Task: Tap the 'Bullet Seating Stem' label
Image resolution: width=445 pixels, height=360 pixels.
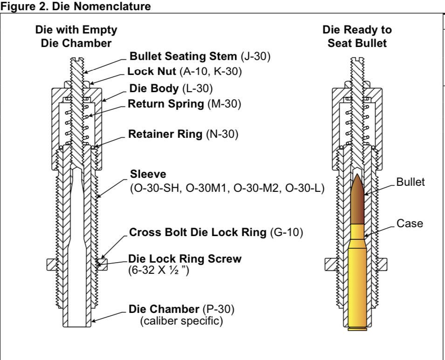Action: click(x=184, y=57)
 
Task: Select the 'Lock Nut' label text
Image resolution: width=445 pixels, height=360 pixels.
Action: click(x=146, y=72)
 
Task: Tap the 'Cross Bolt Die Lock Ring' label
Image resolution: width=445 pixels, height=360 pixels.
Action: click(x=199, y=232)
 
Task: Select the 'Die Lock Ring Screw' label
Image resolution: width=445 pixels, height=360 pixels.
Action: click(x=185, y=259)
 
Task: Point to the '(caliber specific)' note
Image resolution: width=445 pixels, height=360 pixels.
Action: click(x=182, y=321)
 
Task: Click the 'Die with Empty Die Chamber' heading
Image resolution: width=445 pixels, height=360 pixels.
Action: click(x=76, y=37)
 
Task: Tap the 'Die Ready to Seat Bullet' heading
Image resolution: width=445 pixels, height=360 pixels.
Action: click(x=357, y=37)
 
